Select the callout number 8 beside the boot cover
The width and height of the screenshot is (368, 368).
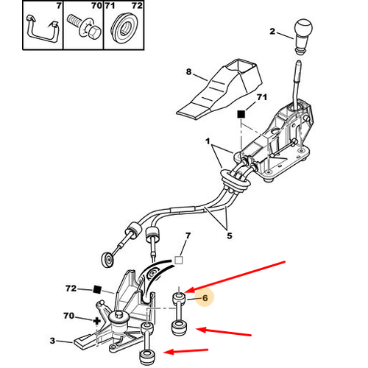coord(188,72)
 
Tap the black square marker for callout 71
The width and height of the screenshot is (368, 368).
coord(241,114)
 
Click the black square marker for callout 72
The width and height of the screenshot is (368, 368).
coord(97,289)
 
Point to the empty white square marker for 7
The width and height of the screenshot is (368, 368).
coord(179,260)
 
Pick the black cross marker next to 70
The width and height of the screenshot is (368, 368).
coord(97,321)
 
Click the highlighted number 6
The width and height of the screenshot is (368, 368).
coord(205,298)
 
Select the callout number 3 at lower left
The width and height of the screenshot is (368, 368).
coord(52,341)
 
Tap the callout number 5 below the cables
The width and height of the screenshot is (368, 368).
coord(229,236)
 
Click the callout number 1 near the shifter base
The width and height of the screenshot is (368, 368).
coord(208,141)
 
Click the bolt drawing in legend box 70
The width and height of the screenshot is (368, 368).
coord(83,26)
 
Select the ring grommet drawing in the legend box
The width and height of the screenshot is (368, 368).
coord(124,26)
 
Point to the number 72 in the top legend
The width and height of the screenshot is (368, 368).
coord(137,5)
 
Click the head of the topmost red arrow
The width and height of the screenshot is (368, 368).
coord(189,290)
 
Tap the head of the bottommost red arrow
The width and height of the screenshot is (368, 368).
coord(169,352)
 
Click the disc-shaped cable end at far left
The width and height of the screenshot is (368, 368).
coord(107,260)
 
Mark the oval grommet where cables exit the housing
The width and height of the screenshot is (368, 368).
coord(235,180)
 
